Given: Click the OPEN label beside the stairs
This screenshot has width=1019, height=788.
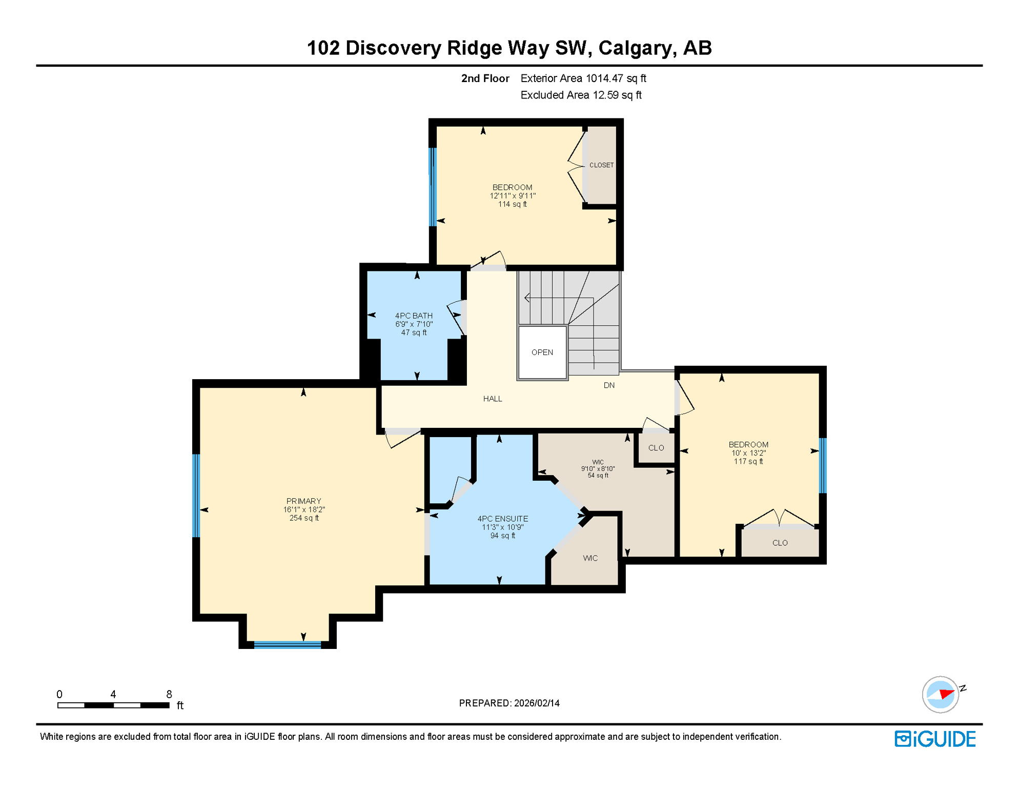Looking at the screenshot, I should tap(542, 352).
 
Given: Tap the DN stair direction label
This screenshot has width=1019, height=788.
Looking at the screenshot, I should tap(608, 385).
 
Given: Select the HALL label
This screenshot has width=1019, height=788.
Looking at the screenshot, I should tap(492, 399).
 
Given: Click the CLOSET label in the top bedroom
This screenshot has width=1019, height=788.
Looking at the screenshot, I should tap(601, 165).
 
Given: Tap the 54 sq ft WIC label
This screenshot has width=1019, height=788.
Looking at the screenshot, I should tap(598, 468).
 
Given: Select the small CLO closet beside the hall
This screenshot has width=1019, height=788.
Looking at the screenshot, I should tap(656, 448).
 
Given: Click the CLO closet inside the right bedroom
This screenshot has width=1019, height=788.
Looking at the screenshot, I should tap(780, 543).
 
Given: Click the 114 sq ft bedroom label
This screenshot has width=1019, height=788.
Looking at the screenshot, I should tap(512, 195).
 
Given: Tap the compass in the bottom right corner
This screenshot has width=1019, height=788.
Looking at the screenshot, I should tap(940, 695).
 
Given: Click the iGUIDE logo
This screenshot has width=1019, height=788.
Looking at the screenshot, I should tap(935, 739).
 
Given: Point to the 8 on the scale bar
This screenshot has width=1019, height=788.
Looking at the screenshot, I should tap(169, 694).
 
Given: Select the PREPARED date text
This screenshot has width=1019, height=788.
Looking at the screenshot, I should tap(509, 703).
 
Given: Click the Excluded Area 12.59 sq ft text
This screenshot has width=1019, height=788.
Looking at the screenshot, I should tap(581, 95).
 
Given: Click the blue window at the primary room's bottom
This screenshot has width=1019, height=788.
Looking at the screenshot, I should tap(287, 645).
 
